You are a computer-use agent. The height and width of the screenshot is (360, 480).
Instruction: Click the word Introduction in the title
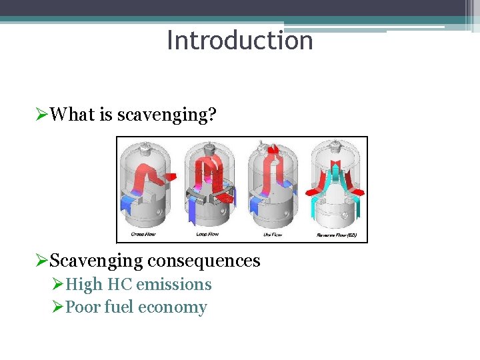tap(239, 41)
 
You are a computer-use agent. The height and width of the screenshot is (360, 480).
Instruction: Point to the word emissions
tap(173, 285)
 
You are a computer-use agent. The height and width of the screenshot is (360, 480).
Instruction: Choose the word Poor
tap(83, 307)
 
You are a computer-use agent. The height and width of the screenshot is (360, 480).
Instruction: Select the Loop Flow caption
tap(208, 235)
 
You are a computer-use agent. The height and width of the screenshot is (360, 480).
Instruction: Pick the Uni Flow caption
tap(272, 235)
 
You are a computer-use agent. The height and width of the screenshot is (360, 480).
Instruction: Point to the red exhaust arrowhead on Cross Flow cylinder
tap(171, 177)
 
